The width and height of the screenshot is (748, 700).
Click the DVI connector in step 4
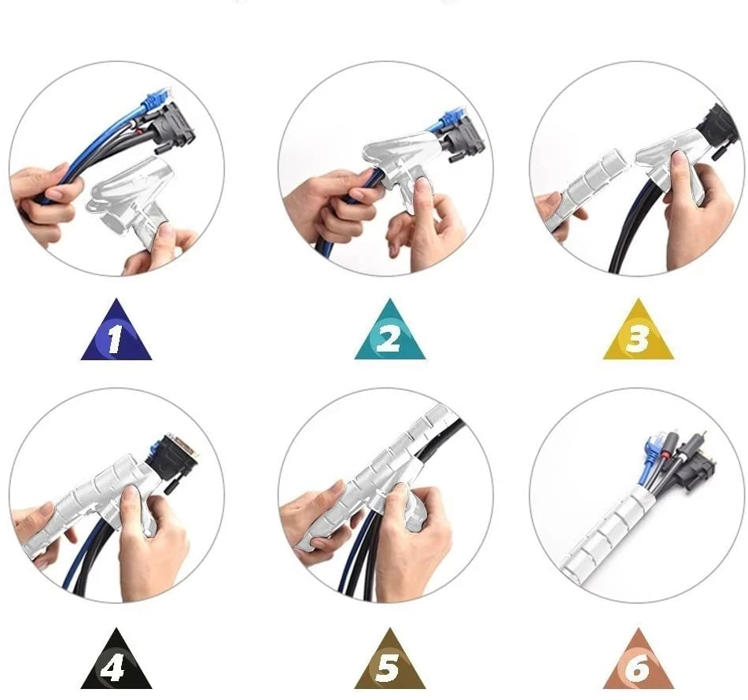[173, 458]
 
